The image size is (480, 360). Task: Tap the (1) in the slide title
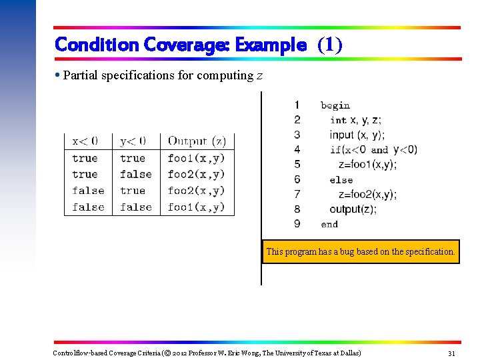tap(330, 45)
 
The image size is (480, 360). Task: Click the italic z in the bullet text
tap(259, 75)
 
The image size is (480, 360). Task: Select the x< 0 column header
tap(85, 141)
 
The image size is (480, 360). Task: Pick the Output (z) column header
tap(197, 141)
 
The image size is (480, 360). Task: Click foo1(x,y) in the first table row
tap(196, 158)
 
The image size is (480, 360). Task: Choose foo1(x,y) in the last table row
tap(196, 207)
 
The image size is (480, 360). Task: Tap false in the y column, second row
tap(135, 174)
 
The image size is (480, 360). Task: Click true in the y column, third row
tap(132, 191)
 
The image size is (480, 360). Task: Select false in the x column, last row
tap(88, 207)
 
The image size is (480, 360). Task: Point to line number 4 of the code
tap(297, 149)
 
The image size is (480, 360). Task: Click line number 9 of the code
tap(297, 224)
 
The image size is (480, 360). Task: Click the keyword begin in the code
tap(335, 105)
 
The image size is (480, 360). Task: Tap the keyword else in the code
tap(341, 179)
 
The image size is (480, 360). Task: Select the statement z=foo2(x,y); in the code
tap(367, 195)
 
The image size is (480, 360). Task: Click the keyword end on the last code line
tap(329, 225)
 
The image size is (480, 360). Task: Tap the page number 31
tap(451, 353)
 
